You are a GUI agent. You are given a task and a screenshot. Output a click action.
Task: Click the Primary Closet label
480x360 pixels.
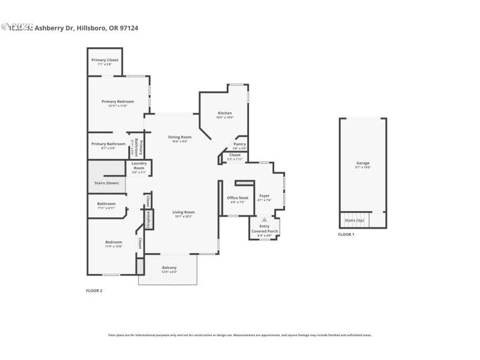tap(105, 60)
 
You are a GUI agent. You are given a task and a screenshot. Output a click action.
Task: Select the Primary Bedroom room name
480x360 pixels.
tap(118, 101)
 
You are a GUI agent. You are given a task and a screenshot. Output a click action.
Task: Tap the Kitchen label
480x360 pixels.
tap(225, 113)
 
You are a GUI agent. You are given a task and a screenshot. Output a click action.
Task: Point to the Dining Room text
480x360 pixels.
tap(180, 137)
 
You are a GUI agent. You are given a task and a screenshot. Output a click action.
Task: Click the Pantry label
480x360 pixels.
tap(239, 144)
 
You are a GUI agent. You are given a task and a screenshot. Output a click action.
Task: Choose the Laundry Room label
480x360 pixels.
tap(139, 166)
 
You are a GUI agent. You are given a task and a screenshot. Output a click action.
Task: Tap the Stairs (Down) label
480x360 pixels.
tap(107, 182)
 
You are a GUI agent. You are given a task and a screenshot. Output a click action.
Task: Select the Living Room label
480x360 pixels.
tap(184, 212)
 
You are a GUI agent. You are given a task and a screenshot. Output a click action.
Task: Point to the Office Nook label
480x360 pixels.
tap(238, 197)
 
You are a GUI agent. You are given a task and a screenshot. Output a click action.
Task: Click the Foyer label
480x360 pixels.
tap(264, 196)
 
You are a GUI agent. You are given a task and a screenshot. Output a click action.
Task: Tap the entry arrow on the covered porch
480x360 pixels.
tap(264, 220)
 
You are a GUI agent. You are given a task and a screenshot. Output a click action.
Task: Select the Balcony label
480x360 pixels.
tap(169, 268)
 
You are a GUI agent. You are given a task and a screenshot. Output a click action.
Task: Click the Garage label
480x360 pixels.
tap(363, 163)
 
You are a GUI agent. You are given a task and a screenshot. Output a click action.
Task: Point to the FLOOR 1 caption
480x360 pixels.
tap(346, 234)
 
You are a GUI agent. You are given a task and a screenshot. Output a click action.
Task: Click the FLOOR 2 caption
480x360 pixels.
tap(95, 290)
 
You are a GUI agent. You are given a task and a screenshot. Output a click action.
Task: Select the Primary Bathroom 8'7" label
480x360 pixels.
tap(109, 144)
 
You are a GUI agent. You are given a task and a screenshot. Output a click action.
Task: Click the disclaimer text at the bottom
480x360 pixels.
tap(240, 335)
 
